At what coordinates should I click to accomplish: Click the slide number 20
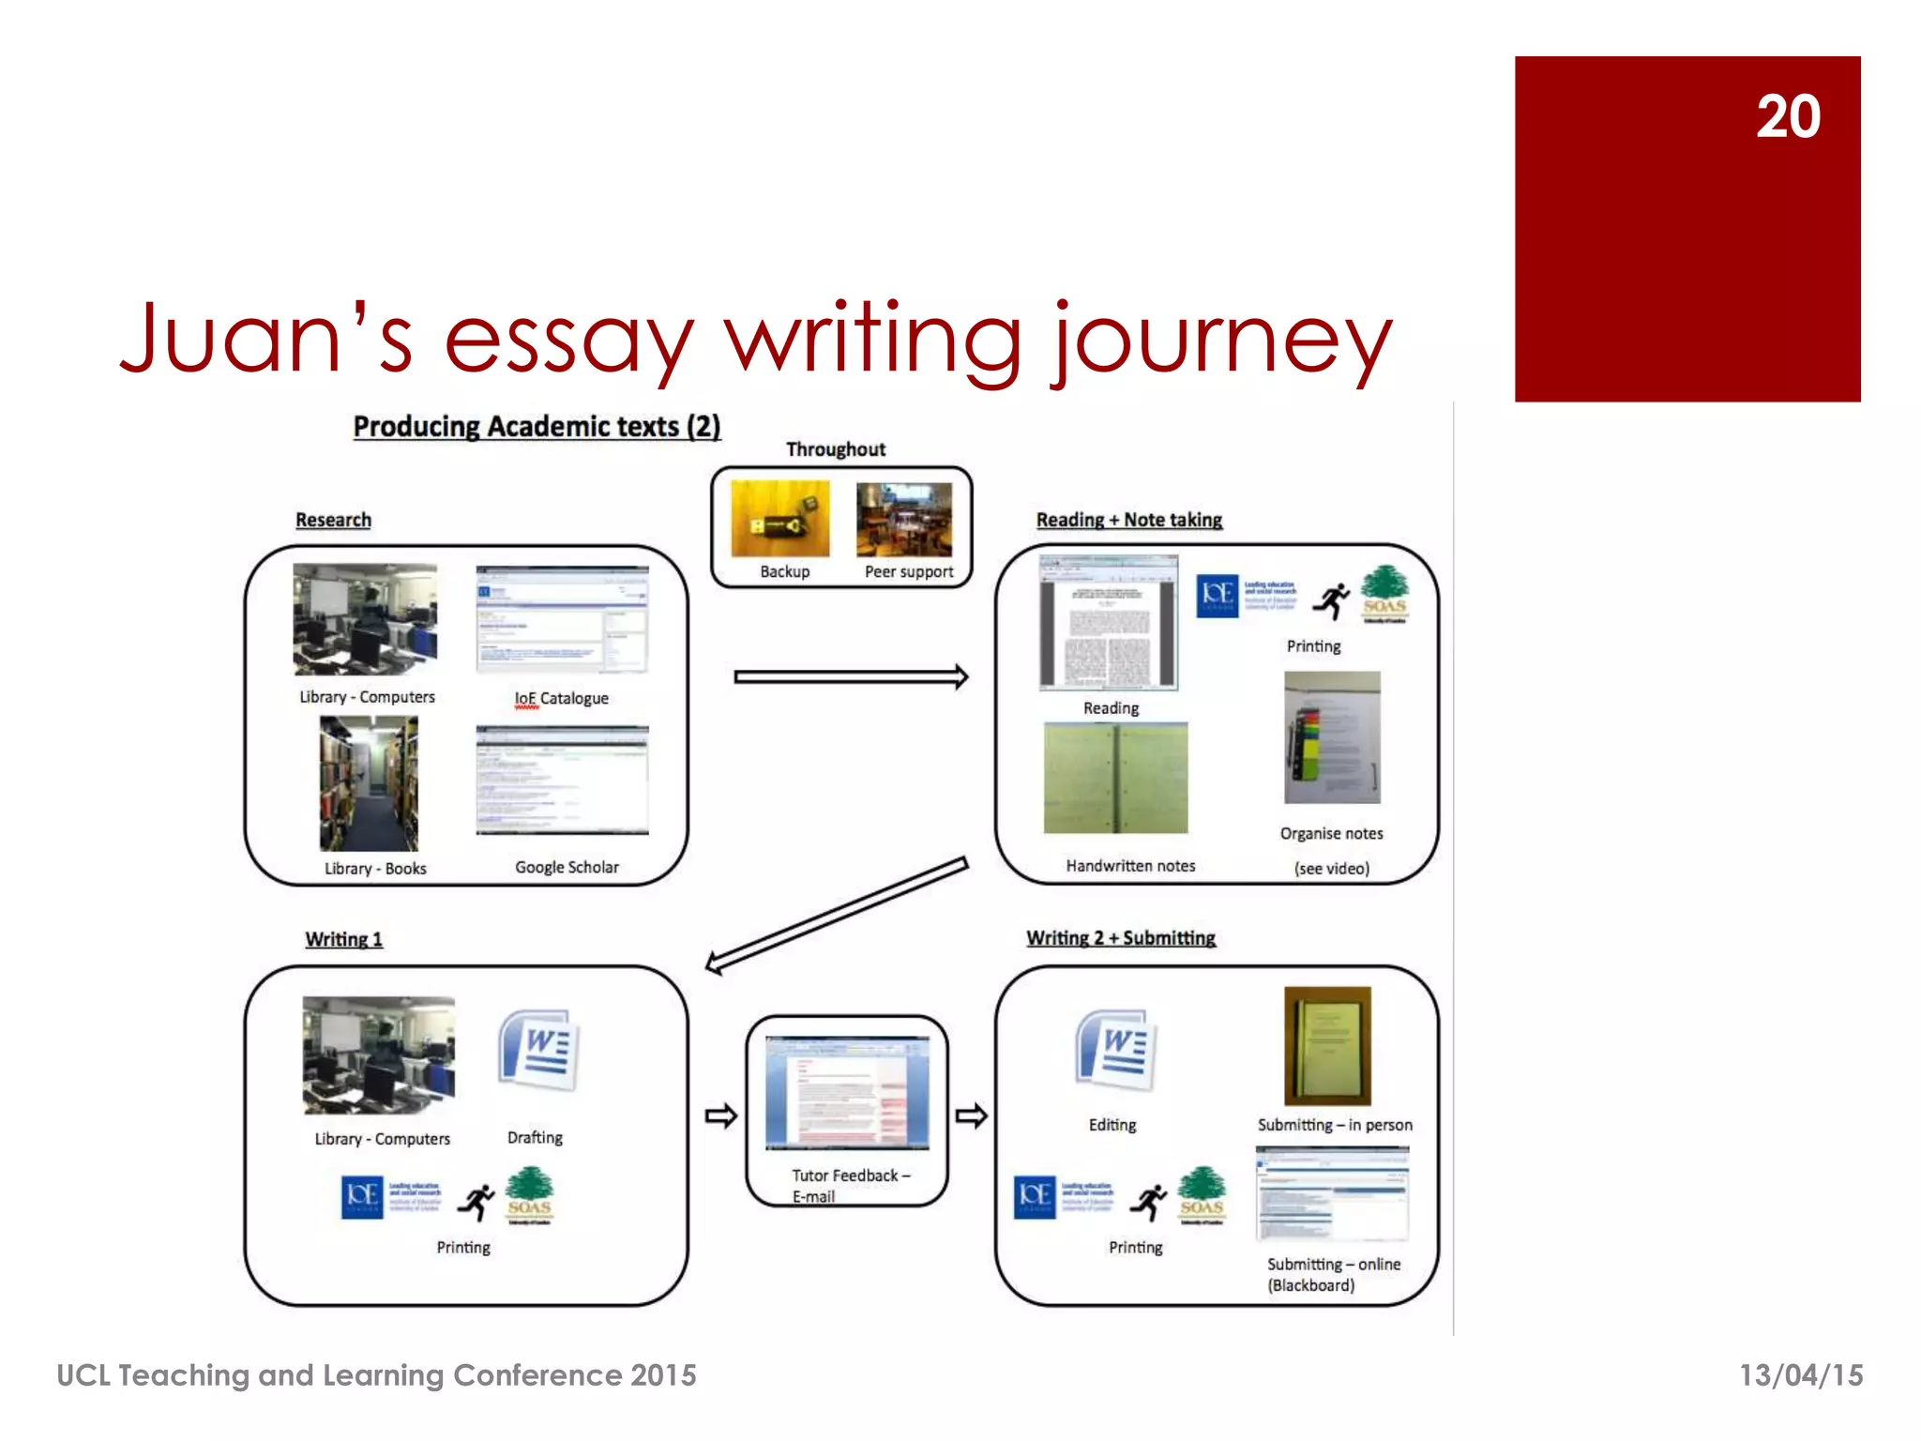click(1788, 117)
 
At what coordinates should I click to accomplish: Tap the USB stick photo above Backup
click(779, 519)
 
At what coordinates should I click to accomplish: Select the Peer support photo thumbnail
click(904, 520)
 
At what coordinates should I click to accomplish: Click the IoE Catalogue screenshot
click(562, 619)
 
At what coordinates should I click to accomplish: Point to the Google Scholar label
click(567, 868)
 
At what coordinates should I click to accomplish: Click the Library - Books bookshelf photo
click(369, 783)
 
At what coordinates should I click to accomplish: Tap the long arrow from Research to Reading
click(850, 676)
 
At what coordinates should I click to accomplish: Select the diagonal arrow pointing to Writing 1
click(836, 916)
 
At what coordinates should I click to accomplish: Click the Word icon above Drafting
click(537, 1051)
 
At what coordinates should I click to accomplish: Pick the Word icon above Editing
click(1115, 1051)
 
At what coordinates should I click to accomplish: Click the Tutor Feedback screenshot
click(847, 1093)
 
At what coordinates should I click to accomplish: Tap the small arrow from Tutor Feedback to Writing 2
click(971, 1116)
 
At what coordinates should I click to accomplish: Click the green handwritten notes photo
click(1115, 779)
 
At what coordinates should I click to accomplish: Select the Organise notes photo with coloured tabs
click(1332, 737)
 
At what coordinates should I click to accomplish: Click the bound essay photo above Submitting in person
click(1327, 1046)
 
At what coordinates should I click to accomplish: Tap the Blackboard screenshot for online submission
click(1332, 1195)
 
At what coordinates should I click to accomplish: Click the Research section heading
click(333, 520)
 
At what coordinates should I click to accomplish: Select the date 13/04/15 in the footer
click(1801, 1375)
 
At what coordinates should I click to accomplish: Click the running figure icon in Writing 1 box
click(478, 1202)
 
